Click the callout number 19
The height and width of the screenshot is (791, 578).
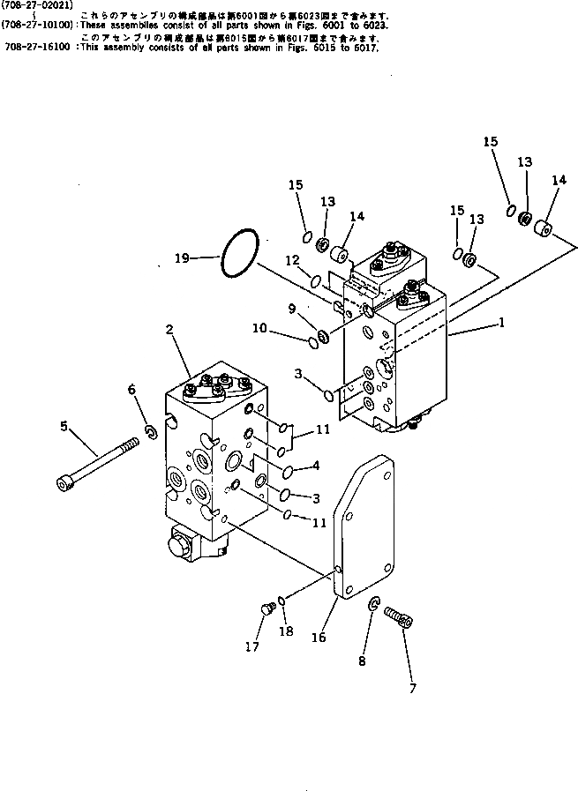182,258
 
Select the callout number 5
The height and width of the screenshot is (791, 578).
64,426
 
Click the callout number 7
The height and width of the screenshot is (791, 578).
412,688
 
